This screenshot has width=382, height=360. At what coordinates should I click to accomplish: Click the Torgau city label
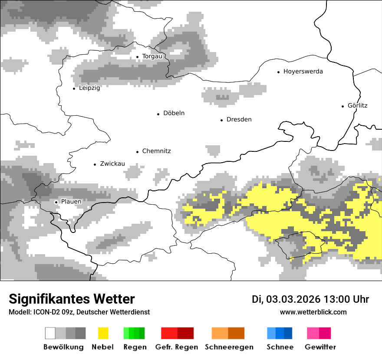coord(152,56)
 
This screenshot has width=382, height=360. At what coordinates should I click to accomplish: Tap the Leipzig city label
coord(89,88)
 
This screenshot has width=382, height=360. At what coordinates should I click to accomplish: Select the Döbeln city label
coord(174,113)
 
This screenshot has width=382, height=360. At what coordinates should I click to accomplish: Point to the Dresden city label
coord(239,120)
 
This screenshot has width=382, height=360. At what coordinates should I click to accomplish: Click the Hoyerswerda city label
coord(303,72)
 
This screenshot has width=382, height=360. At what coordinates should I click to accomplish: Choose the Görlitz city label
coord(357,105)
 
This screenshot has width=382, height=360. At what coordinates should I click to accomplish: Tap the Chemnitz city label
coord(156,151)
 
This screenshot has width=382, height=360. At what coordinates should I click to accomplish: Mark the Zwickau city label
coord(112,164)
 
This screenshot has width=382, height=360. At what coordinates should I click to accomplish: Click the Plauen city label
coord(71,202)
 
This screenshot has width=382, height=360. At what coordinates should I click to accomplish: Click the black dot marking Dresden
coord(221,120)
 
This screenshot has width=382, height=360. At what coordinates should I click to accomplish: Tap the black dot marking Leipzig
coord(74,88)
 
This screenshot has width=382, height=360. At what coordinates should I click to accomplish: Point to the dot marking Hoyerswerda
coord(278,72)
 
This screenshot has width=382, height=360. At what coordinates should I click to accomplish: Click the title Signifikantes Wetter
coord(72,299)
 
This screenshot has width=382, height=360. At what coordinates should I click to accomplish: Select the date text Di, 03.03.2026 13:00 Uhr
coord(310,299)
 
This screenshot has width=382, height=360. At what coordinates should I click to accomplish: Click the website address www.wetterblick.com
coord(313,312)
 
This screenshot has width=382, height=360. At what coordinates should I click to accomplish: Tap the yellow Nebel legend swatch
coord(103,333)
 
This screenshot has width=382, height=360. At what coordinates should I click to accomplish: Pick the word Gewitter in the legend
coord(320,347)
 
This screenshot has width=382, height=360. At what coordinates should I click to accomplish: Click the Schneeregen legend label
coord(229,347)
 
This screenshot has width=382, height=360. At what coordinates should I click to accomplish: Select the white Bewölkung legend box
coord(50,333)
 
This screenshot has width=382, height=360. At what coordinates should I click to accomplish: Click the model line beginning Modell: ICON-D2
coord(79,312)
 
